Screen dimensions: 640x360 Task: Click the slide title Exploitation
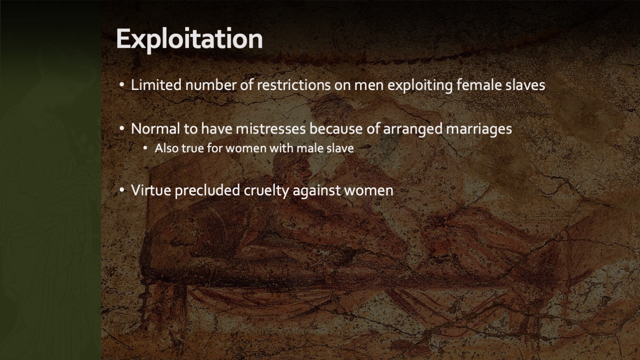tap(189, 39)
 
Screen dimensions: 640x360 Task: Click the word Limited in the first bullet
tap(156, 85)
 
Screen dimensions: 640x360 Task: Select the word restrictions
tap(294, 85)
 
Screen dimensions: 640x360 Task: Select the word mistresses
tap(271, 128)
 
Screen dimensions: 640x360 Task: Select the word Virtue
tap(151, 190)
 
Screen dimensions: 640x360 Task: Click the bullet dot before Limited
tap(122, 84)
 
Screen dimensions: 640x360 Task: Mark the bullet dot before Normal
tap(122, 128)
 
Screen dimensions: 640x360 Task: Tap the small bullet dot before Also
tap(145, 148)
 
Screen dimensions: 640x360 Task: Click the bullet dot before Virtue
tap(122, 190)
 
